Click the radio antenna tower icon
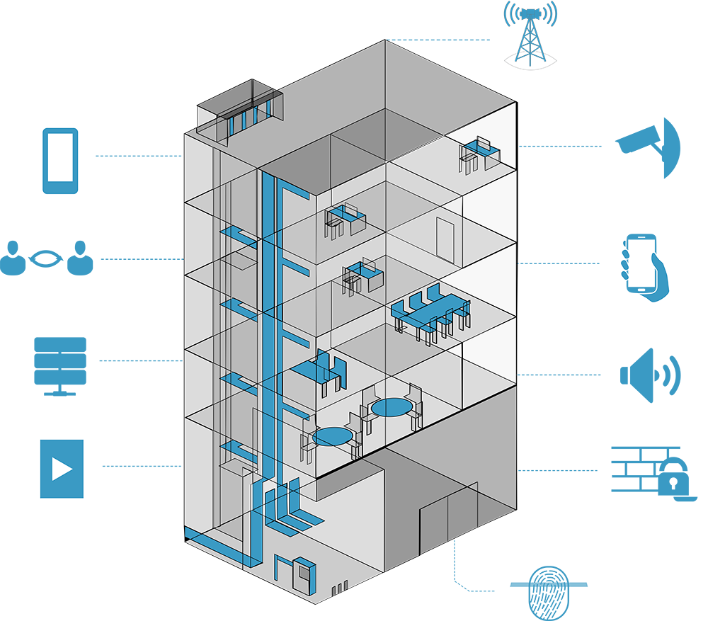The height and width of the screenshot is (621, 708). (530, 35)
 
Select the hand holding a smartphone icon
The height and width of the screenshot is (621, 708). (643, 267)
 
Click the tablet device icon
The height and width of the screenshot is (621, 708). (60, 161)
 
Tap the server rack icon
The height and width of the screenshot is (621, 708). (60, 365)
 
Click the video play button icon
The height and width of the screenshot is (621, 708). (62, 468)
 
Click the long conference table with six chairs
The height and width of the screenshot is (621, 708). (430, 312)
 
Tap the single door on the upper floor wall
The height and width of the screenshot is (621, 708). (445, 239)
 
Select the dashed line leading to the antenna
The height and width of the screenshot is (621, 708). (439, 40)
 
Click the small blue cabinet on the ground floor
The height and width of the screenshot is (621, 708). (304, 576)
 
